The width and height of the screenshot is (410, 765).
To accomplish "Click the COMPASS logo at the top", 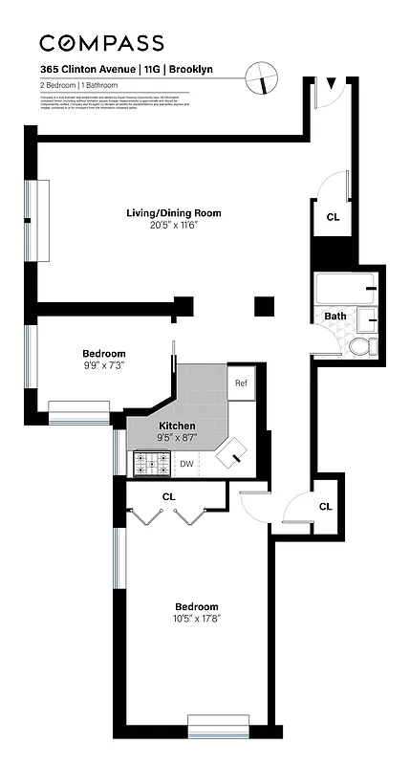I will tap(101, 43).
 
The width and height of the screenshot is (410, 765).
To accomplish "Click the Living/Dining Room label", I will tap(173, 213).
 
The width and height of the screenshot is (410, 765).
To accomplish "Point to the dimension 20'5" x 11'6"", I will tap(173, 226).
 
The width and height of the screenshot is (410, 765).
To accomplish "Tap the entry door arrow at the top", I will tap(332, 85).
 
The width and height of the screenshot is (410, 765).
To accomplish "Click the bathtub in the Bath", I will tap(344, 289).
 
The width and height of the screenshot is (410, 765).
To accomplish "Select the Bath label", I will tap(335, 316).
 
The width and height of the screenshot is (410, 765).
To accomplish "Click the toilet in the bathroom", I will tap(362, 346).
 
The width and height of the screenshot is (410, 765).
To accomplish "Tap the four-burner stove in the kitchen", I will tap(152, 464).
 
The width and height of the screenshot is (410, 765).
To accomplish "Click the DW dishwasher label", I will tap(186, 465).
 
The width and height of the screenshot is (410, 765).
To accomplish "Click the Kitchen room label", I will tap(177, 426).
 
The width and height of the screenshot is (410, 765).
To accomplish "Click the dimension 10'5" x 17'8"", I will tap(196, 619).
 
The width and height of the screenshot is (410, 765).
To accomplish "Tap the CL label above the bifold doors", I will tap(168, 496).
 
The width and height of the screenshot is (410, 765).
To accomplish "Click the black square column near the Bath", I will tap(265, 306).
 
